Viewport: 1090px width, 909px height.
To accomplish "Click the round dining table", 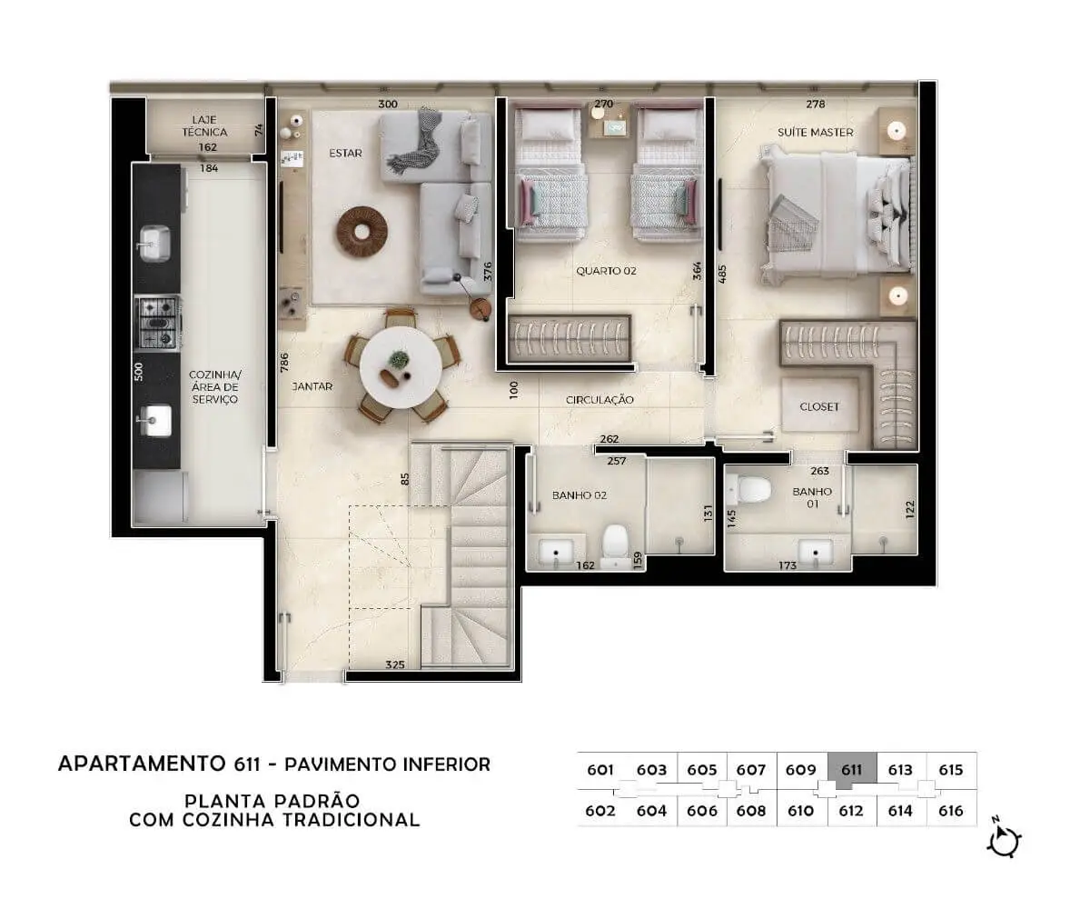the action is (401, 368).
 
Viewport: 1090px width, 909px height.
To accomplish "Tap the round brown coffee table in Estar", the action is (362, 232).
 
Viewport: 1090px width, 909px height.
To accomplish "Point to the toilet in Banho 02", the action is (616, 545).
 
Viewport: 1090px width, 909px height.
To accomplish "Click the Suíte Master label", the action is (816, 133).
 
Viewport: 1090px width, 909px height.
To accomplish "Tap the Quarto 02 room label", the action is (606, 271).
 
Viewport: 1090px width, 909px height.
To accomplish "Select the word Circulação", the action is (599, 400).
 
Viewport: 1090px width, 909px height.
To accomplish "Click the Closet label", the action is (819, 406).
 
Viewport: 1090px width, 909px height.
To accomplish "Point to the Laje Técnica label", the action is (204, 126).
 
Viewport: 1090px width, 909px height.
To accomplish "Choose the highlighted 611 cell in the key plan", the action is (852, 771).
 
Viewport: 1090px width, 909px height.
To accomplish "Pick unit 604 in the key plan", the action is (651, 811).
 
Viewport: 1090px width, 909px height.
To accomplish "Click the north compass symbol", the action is (1005, 841).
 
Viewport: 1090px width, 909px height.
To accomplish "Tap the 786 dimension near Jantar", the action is (284, 363).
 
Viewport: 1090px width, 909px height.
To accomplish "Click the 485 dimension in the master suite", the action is (722, 275).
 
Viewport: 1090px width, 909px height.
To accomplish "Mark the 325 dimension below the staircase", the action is (394, 665).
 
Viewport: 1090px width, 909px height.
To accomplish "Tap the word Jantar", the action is (312, 386).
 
